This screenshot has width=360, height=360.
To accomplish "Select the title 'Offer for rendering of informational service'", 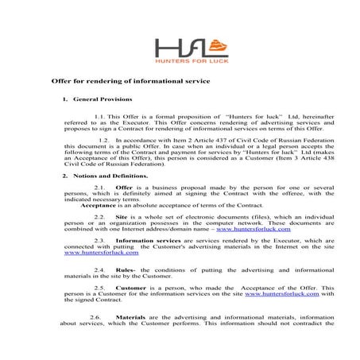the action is click(x=130, y=81).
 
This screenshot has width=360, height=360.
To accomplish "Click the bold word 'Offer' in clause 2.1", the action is click(x=124, y=187).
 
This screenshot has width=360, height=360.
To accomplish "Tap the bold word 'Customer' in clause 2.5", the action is click(x=131, y=287).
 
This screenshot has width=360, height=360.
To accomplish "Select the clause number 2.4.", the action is click(x=99, y=271).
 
